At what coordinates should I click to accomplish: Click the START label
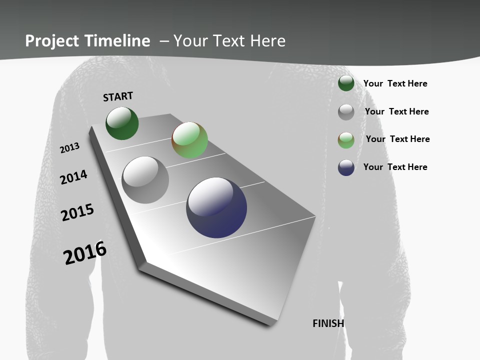point(118,96)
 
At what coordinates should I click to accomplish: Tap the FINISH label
point(328,323)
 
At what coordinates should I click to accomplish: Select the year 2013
point(70,148)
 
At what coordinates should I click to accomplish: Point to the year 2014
point(73,177)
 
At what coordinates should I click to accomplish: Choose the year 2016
point(85,253)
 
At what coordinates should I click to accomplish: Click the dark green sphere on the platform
point(122,123)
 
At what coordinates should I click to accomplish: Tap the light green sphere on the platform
point(189,140)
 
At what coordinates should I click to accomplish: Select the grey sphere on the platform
point(145,180)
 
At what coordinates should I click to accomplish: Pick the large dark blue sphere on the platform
point(216,207)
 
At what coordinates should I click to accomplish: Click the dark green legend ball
point(346,83)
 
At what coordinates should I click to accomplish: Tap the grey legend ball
point(346,112)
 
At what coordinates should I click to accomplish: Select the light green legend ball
point(346,140)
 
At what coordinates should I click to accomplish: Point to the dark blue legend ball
point(346,167)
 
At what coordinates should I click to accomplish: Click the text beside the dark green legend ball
point(395,83)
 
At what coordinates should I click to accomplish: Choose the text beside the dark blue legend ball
point(395,167)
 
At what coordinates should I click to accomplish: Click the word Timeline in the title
point(118,41)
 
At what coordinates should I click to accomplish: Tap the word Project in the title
point(52,41)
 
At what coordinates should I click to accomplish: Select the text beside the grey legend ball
point(396,111)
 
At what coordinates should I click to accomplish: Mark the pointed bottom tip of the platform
point(272,324)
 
